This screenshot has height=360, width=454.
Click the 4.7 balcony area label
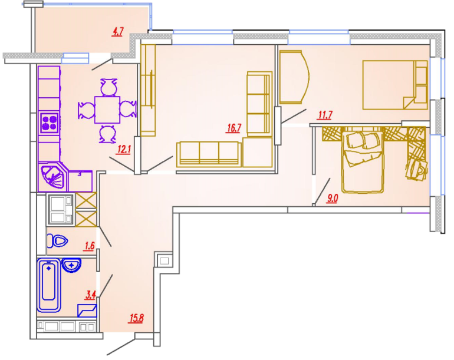tap(117, 31)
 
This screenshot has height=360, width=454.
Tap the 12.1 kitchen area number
tap(124, 150)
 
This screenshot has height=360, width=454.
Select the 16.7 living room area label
tap(233, 128)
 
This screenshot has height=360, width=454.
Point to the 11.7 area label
tap(325, 115)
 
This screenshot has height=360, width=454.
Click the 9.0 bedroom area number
tap(332, 199)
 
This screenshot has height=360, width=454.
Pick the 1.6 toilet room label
tap(89, 246)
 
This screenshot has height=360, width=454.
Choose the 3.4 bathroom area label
tap(90, 295)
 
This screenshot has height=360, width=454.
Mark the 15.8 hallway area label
tap(136, 318)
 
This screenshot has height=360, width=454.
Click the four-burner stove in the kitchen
tap(49, 123)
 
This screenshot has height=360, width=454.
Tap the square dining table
tap(107, 110)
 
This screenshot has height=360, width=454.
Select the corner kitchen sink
tap(52, 176)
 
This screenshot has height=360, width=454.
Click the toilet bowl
tap(57, 241)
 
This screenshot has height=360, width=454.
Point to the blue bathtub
tap(48, 285)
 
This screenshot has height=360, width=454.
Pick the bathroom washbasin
tap(71, 265)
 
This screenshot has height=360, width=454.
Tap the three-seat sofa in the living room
tap(209, 154)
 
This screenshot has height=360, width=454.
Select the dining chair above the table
tap(108, 87)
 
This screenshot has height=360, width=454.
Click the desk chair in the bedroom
tap(417, 170)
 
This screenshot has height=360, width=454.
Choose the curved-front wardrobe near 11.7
tap(294, 77)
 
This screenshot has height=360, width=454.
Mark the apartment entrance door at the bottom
tap(121, 346)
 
